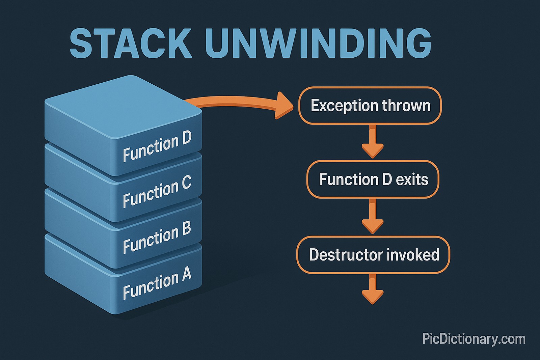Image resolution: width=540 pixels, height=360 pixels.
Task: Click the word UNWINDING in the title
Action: tap(318, 44)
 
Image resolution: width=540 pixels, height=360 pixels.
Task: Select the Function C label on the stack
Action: tap(157, 191)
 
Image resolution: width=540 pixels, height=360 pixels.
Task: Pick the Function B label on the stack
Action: tap(157, 237)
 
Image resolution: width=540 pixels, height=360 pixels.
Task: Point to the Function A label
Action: tap(157, 283)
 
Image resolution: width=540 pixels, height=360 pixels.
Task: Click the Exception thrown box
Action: tap(370, 106)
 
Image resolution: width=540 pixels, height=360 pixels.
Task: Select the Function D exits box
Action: tap(373, 179)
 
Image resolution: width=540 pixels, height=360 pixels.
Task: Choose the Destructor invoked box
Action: tap(373, 255)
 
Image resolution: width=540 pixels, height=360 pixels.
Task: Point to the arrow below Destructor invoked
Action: tap(373, 290)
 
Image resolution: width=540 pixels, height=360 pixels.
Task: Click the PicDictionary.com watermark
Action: tap(474, 339)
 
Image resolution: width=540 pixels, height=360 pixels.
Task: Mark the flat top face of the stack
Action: tap(123, 108)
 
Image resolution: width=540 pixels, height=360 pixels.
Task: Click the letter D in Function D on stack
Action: tap(187, 138)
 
